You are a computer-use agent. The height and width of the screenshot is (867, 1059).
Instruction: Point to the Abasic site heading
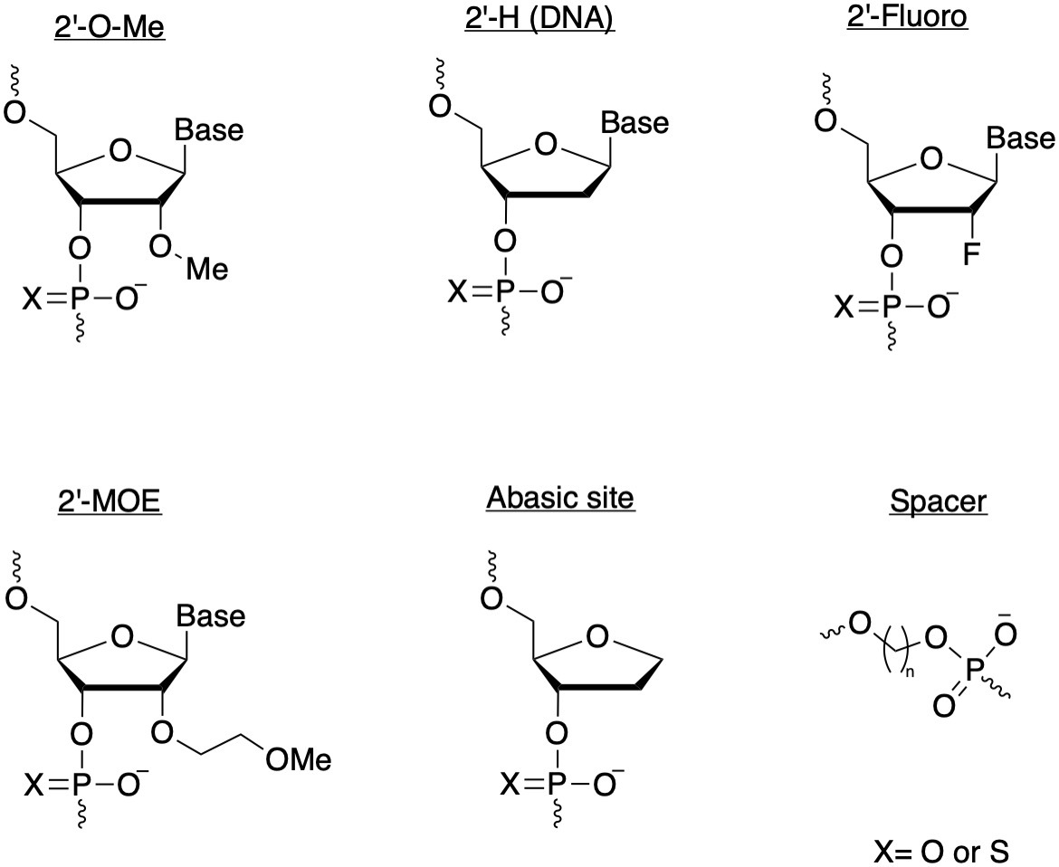[559, 499]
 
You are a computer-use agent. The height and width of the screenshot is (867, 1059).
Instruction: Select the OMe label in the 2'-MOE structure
[298, 759]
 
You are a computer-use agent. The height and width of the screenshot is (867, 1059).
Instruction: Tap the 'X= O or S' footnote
[941, 851]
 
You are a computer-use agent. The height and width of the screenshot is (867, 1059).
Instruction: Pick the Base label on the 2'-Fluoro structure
[1020, 139]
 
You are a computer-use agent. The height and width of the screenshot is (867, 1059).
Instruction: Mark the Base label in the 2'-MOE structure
[210, 616]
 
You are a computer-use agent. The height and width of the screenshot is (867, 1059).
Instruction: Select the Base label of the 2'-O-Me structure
[209, 130]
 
